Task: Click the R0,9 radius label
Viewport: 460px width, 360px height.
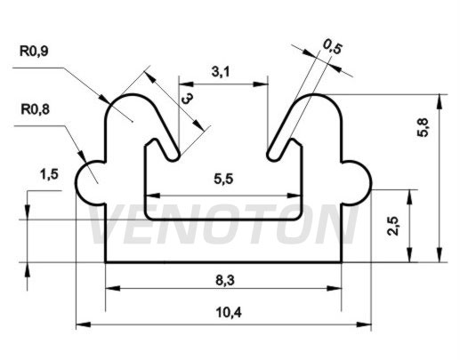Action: click(x=34, y=51)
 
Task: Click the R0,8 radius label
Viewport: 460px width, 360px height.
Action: click(x=35, y=109)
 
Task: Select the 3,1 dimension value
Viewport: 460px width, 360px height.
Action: click(x=221, y=72)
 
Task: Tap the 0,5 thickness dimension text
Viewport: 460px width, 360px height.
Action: click(x=332, y=47)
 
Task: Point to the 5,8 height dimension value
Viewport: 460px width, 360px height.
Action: click(x=423, y=127)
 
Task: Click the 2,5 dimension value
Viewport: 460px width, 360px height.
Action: click(x=393, y=226)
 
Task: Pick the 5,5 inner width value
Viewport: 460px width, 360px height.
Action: click(x=223, y=179)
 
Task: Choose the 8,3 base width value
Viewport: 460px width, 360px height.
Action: click(x=225, y=280)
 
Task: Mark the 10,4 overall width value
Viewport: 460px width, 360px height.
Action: click(x=229, y=312)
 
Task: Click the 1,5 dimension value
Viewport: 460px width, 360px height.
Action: click(x=49, y=174)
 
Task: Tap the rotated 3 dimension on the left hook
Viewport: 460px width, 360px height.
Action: click(x=188, y=98)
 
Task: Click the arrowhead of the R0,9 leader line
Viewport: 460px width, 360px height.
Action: click(x=105, y=99)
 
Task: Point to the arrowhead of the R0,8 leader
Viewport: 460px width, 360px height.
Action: click(x=82, y=157)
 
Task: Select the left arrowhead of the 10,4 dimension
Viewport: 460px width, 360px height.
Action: click(x=84, y=324)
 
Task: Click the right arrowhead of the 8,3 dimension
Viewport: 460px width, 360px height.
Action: click(x=335, y=288)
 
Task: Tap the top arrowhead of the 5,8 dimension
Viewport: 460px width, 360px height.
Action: click(x=440, y=101)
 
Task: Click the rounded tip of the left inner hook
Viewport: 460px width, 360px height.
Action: click(x=174, y=156)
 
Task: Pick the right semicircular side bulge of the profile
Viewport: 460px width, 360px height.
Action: click(x=357, y=183)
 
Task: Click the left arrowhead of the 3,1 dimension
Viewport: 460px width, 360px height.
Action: click(x=186, y=84)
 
